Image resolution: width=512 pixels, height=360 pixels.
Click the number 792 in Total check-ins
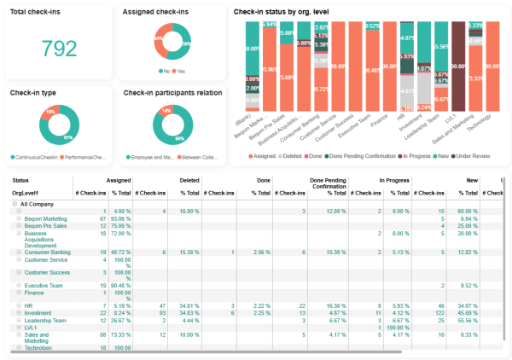(x=59, y=49)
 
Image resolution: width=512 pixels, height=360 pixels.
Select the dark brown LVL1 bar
(x=458, y=73)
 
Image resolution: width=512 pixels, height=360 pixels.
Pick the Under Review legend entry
(x=473, y=157)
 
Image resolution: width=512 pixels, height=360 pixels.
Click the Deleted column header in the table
(x=189, y=181)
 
